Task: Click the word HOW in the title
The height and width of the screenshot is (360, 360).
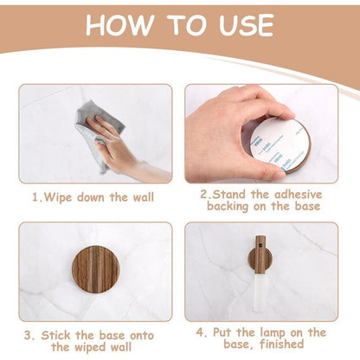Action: (119, 25)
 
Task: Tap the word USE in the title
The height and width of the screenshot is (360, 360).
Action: (246, 25)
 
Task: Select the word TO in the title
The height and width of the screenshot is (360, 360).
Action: (186, 25)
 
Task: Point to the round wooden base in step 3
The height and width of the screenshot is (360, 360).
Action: (95, 268)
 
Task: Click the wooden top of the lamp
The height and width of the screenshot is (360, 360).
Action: (260, 254)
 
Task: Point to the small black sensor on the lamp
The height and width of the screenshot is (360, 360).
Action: (260, 246)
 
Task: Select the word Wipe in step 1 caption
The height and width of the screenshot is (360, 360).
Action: (58, 198)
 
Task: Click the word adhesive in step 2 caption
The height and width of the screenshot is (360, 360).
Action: (298, 195)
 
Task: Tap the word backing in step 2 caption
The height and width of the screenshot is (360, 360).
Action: (228, 207)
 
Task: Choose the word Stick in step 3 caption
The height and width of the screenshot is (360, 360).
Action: (55, 336)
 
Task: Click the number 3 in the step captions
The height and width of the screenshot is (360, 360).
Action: (29, 336)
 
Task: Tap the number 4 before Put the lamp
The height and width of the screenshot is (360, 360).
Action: (201, 332)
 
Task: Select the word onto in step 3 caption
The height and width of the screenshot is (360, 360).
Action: (142, 336)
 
